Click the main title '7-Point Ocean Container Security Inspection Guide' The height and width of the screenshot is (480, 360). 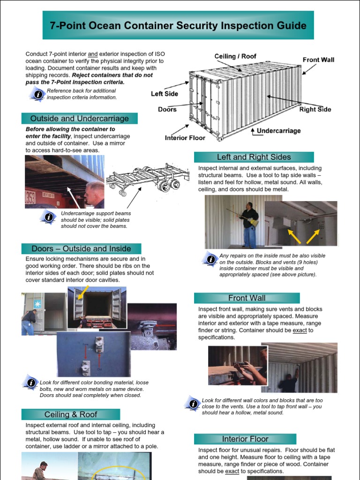[178, 25]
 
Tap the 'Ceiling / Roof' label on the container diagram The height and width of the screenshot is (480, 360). [235, 56]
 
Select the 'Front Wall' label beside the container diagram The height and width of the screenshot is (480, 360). [318, 60]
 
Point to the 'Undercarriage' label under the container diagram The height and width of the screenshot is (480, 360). [278, 131]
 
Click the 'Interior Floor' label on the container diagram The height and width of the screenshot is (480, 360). [185, 138]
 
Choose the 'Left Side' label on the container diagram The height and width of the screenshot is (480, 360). [164, 94]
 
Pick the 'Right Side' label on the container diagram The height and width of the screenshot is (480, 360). [315, 110]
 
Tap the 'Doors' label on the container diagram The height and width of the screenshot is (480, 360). [167, 109]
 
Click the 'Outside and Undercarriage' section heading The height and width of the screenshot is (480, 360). [79, 118]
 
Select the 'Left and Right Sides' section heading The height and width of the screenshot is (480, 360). [254, 157]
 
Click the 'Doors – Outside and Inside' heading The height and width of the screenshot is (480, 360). [81, 248]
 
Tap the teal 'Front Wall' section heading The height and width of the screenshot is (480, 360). [247, 298]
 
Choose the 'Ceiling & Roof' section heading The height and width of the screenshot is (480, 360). [71, 414]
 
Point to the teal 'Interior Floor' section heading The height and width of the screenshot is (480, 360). [245, 439]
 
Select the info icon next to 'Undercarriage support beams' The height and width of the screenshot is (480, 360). [48, 217]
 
